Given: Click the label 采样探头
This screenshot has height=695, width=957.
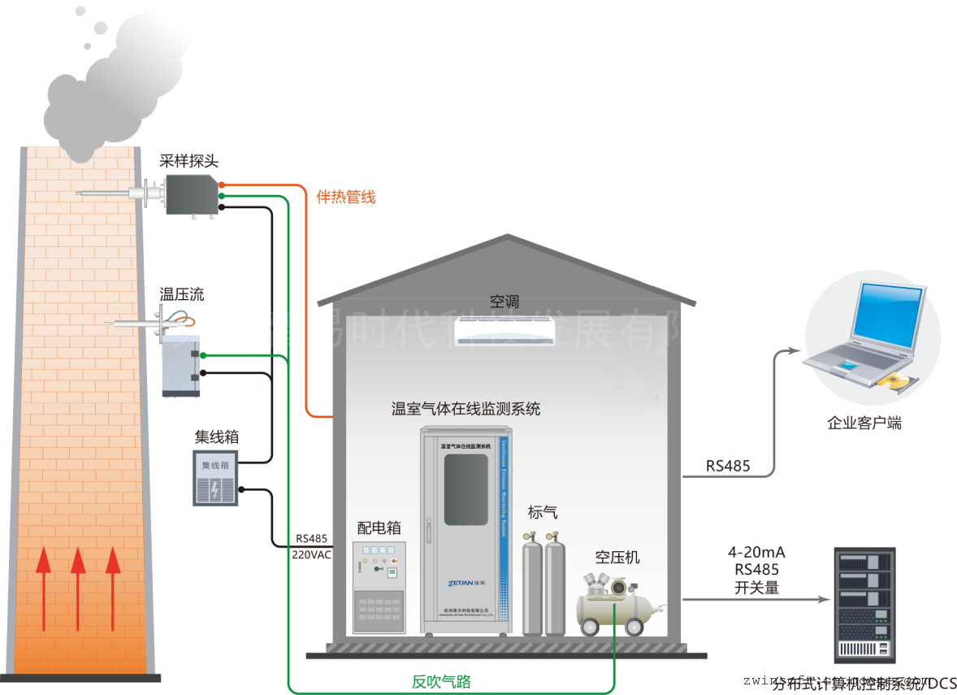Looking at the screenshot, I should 189,162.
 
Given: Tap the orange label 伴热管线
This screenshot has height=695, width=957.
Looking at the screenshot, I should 346,197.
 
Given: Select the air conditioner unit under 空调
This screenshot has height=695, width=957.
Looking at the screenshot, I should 504,330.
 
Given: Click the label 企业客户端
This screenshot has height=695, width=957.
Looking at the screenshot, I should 864,423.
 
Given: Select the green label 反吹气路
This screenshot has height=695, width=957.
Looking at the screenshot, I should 441,682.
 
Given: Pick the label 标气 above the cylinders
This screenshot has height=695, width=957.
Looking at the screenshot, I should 543,512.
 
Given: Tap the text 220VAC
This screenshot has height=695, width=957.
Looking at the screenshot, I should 312,554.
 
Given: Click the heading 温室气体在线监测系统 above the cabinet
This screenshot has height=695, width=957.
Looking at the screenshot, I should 466,408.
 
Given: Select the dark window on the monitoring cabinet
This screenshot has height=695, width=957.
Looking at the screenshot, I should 466,489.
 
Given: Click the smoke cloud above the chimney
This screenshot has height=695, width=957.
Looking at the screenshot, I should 106,98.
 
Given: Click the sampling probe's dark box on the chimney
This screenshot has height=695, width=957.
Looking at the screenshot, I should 193,194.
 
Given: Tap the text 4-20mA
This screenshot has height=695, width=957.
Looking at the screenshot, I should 756,553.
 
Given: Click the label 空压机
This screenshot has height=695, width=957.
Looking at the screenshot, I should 617,557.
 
